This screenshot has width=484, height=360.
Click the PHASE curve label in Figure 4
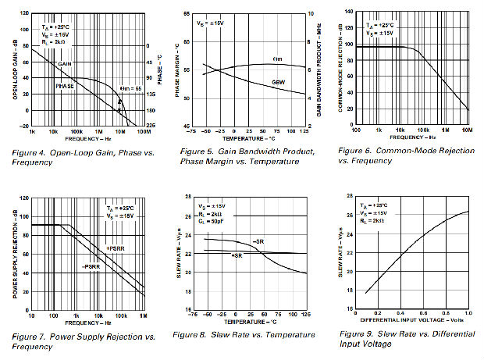pos(65,86)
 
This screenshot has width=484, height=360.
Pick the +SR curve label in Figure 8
pos(237,255)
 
